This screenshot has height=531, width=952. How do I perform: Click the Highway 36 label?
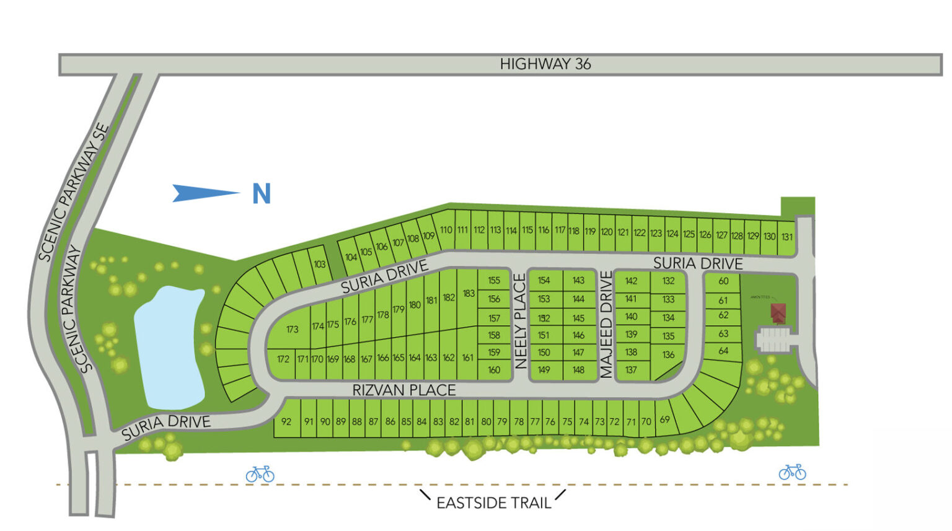tap(545, 64)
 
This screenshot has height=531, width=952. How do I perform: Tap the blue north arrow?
tap(205, 193)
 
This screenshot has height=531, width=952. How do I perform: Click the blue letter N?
tap(262, 194)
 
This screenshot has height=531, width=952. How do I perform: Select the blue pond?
tap(169, 347)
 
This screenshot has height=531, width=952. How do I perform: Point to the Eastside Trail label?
tap(493, 502)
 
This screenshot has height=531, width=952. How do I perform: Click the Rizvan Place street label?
tap(404, 390)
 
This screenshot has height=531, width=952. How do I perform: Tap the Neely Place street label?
tap(521, 322)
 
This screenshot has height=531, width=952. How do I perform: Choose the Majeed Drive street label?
tap(606, 324)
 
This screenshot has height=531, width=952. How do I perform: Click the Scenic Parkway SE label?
tap(74, 193)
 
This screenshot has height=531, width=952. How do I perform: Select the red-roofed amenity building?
tap(778, 312)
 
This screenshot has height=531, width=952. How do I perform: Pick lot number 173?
tap(293, 329)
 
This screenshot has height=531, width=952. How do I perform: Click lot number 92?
tap(286, 421)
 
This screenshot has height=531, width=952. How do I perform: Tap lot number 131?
tap(787, 237)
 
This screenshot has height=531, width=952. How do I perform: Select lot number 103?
tap(319, 264)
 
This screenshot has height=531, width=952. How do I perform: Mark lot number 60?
tap(723, 281)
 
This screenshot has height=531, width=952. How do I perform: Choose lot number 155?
tap(494, 280)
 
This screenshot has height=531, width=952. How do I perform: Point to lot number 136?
tap(668, 355)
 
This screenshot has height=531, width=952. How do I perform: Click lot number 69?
tap(664, 419)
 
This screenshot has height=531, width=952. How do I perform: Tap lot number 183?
tap(469, 294)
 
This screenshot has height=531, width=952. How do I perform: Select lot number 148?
tap(578, 370)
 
